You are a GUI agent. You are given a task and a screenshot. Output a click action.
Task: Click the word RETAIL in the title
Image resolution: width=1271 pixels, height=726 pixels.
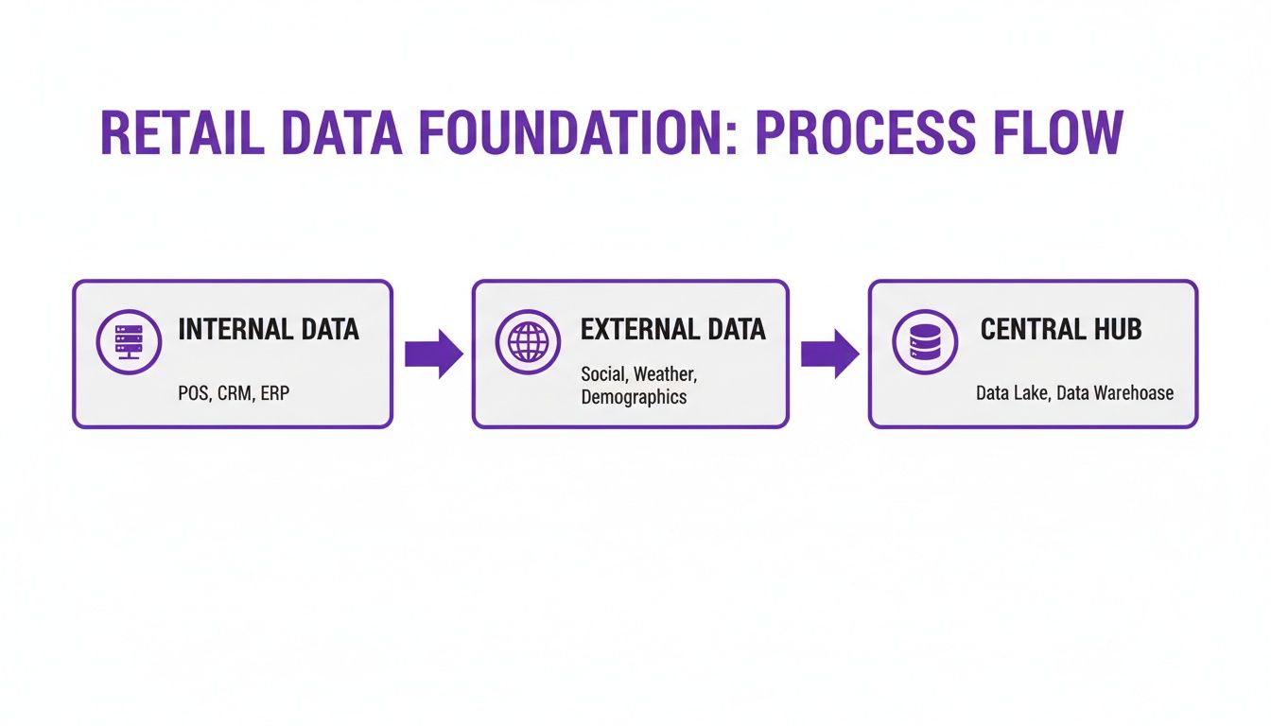pos(183,133)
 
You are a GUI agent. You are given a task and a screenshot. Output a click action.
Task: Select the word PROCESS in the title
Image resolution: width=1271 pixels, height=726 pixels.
pos(865,133)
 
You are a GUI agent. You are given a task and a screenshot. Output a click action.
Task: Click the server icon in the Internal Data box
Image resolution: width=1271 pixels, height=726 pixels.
pos(129,342)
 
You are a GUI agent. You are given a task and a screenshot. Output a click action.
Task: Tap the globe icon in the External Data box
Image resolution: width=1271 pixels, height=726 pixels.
pos(528,342)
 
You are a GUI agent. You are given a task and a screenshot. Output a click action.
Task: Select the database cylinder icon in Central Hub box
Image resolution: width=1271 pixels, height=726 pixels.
pos(925,342)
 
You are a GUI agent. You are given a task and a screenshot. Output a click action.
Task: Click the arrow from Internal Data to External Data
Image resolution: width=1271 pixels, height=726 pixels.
pos(433,354)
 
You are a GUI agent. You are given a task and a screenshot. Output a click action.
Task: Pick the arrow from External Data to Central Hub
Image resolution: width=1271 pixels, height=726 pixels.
pos(829,354)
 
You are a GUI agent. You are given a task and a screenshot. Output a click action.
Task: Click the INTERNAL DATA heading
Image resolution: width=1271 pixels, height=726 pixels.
pos(269,330)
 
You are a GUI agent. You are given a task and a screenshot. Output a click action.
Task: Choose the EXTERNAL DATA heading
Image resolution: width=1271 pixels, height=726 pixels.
pos(673,330)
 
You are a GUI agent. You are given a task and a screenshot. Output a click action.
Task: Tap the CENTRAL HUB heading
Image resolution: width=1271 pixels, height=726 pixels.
pos(1061,330)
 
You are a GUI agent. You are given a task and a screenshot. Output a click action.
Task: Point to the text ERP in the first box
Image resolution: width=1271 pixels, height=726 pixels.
pos(275,393)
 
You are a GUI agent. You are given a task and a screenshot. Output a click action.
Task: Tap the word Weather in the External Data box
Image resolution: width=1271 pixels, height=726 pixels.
pos(665,374)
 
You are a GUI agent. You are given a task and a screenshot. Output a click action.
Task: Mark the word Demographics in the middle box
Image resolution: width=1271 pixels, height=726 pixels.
pos(634,397)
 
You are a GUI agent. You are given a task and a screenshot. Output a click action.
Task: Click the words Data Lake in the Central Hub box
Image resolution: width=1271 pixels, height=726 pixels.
pos(1014,393)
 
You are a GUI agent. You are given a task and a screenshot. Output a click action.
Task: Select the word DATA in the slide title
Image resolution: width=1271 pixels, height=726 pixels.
pos(341,133)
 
